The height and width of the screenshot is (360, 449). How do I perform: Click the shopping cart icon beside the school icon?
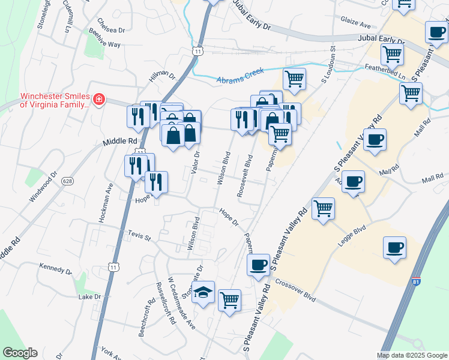(229, 299)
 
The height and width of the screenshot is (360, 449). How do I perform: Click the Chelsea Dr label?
(110, 30)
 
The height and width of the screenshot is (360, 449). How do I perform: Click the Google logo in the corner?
(20, 353)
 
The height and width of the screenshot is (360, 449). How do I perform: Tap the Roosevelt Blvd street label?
(249, 170)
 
